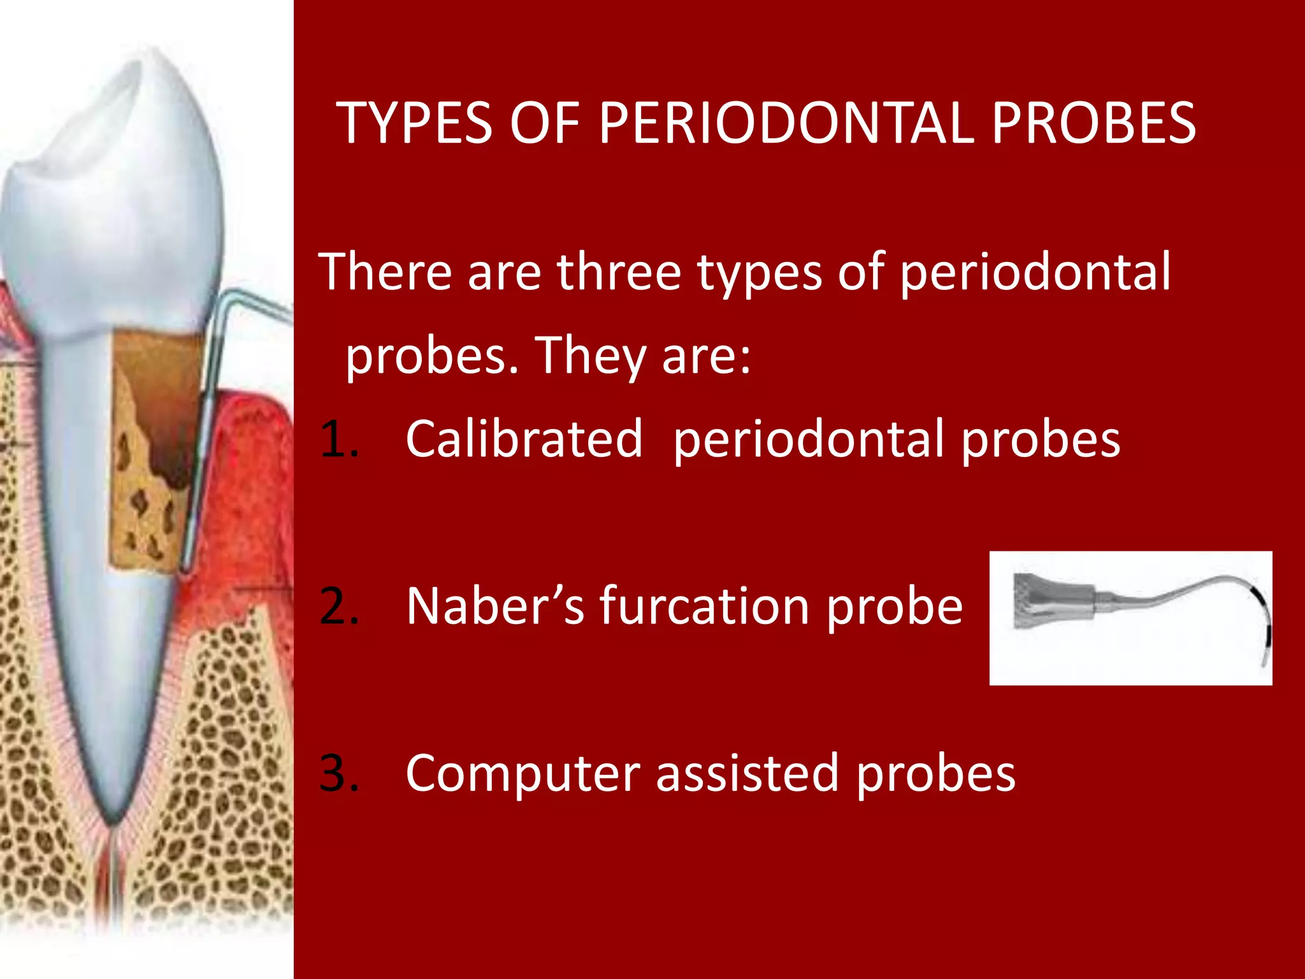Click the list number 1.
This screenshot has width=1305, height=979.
pyautogui.click(x=338, y=440)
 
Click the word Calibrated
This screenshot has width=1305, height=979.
pyautogui.click(x=524, y=440)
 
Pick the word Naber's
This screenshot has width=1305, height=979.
pyautogui.click(x=494, y=607)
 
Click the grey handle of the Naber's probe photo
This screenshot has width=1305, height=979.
pyautogui.click(x=1051, y=600)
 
